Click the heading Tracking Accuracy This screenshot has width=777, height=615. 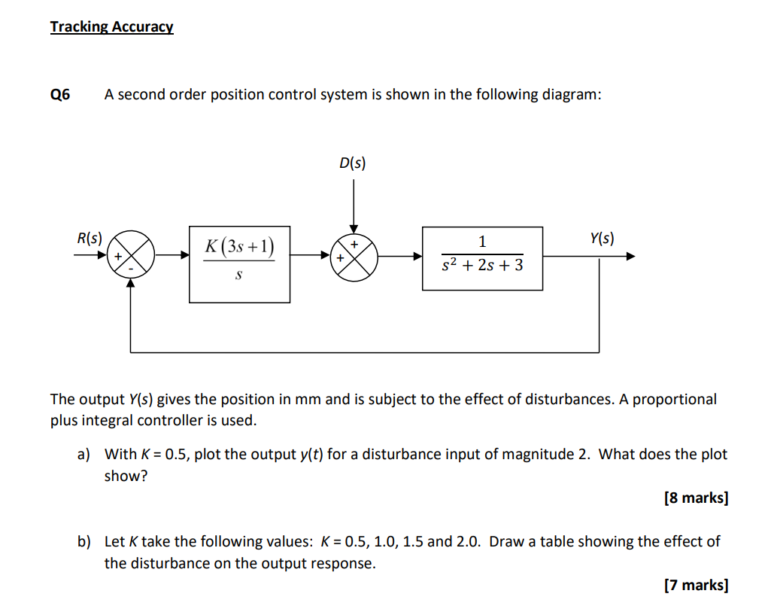point(111,27)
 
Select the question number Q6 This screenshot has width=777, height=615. point(60,95)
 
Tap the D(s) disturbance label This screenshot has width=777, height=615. point(353,163)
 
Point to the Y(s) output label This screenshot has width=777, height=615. point(601,239)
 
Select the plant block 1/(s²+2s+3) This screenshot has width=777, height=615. point(482,257)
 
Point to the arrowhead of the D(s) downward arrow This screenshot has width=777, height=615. point(354,228)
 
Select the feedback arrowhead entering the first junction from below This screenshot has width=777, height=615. point(132,284)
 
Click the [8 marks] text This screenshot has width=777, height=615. point(696,498)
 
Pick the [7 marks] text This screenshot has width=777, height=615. point(696,585)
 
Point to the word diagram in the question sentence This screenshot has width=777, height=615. point(572,95)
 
